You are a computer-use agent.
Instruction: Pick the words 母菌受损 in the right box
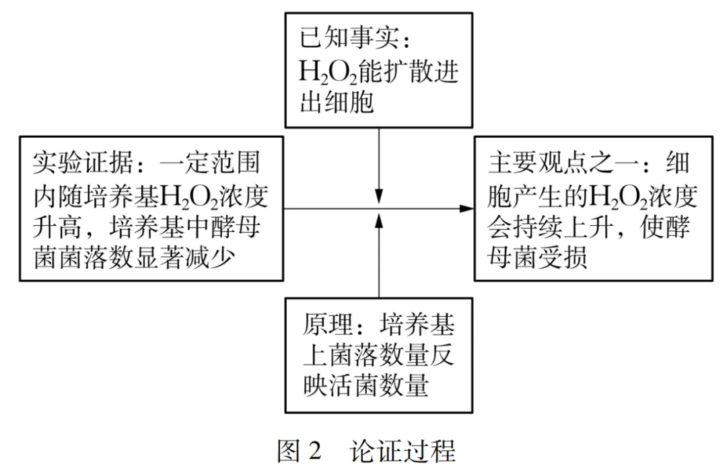coord(538,259)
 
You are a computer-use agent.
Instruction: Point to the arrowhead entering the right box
coord(466,209)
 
